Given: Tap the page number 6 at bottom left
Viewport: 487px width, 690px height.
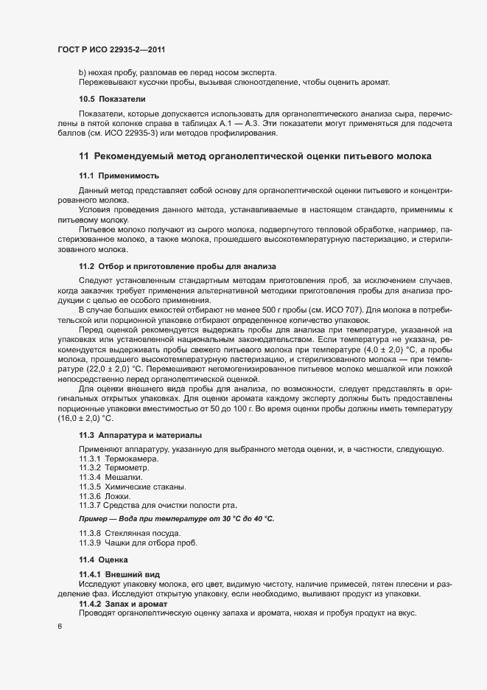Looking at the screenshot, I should point(60,627).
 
